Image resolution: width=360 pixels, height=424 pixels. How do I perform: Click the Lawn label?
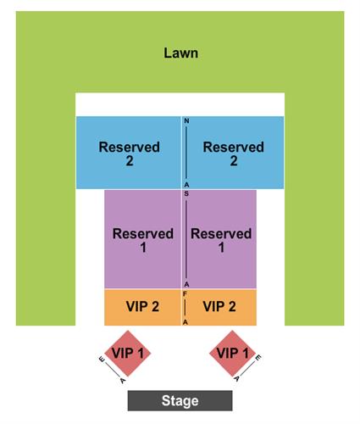click(x=180, y=53)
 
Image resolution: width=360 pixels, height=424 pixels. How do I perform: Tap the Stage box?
click(x=180, y=400)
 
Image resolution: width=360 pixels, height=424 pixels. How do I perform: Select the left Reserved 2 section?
click(x=128, y=153)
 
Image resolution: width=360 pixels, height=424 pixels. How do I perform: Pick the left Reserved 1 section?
click(x=142, y=239)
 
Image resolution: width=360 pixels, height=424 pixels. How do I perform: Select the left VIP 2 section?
click(x=142, y=307)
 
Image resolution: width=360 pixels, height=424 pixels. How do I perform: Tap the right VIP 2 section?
click(x=219, y=307)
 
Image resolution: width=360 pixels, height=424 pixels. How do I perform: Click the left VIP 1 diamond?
click(x=128, y=354)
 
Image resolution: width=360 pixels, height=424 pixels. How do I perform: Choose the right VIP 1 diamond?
click(x=232, y=354)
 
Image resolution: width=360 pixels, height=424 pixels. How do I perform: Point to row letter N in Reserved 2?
click(x=186, y=121)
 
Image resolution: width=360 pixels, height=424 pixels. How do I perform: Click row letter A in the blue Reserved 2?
click(x=186, y=185)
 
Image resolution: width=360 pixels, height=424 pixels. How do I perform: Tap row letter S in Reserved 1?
click(x=186, y=194)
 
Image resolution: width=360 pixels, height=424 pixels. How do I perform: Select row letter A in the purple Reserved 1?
click(x=186, y=284)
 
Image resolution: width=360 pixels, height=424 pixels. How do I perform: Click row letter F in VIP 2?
click(x=185, y=294)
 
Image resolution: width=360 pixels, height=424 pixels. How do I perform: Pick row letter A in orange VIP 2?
click(x=186, y=322)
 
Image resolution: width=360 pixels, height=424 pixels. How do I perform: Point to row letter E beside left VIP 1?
click(x=102, y=360)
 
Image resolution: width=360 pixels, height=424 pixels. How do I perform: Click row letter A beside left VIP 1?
click(x=123, y=381)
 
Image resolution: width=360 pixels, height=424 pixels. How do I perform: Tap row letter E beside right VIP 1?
click(x=258, y=358)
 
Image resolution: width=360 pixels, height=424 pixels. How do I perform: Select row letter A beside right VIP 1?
click(x=237, y=378)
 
